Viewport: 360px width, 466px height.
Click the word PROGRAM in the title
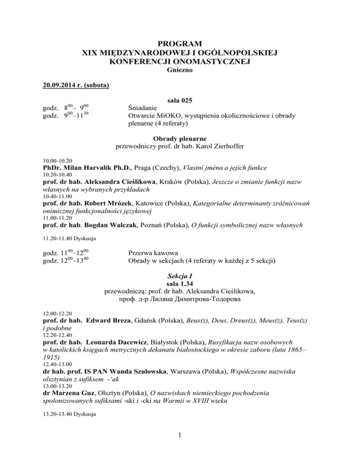point(180,45)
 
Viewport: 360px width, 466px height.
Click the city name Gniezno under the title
point(180,70)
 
